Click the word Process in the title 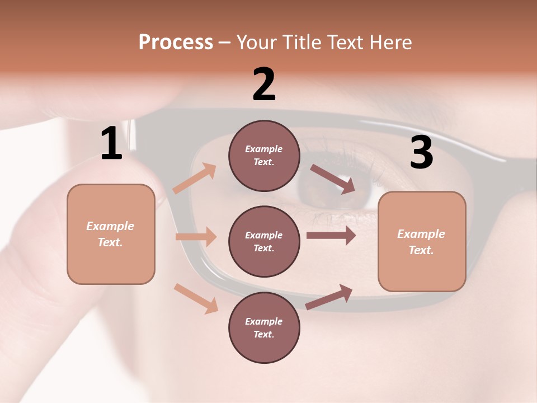(176, 43)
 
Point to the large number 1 (111, 143)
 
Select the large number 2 (264, 85)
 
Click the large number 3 (421, 153)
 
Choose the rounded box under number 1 (111, 234)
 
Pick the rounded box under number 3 (422, 242)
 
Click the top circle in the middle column (264, 156)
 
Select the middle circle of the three (264, 241)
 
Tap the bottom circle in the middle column (264, 327)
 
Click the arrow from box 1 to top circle (195, 178)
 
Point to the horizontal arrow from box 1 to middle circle (196, 237)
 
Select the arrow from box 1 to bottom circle (196, 298)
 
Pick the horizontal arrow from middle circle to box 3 (331, 235)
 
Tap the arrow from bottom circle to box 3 (329, 297)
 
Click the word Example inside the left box (110, 226)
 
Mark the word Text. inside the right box (421, 250)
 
